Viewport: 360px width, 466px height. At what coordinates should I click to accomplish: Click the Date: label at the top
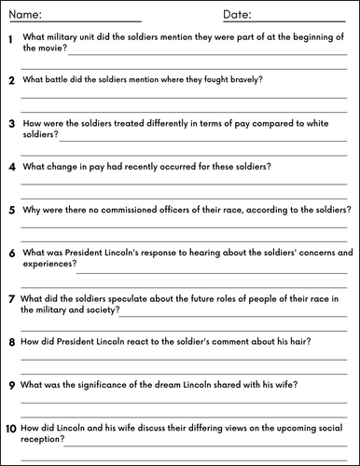tap(239, 16)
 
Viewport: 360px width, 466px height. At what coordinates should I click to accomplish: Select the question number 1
tap(9, 39)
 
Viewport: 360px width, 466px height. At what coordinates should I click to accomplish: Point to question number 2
tap(10, 81)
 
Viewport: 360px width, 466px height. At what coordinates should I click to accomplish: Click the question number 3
tap(10, 123)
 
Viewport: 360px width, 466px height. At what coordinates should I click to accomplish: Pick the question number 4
tap(10, 168)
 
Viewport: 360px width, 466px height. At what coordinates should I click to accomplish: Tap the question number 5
tap(10, 211)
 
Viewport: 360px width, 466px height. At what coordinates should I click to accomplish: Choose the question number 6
tap(10, 254)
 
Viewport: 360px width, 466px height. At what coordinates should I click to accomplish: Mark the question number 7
tap(10, 299)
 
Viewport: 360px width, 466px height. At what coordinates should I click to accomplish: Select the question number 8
tap(10, 343)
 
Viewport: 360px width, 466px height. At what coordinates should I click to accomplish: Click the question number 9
tap(10, 385)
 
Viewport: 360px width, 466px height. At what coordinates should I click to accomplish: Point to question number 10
tap(10, 428)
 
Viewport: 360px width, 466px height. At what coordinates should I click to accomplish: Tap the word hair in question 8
tap(299, 341)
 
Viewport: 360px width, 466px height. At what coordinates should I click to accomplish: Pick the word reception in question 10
tap(41, 439)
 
